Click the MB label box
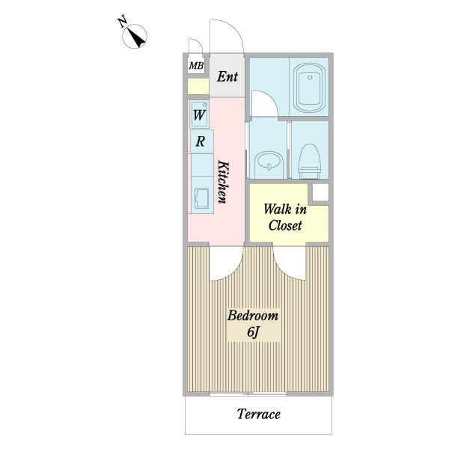point(196,66)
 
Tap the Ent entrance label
point(227,77)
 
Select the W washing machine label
point(199,115)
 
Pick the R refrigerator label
point(200,141)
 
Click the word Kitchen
point(224,182)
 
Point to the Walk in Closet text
point(285,217)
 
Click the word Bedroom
point(253,316)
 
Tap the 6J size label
point(253,332)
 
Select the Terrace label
point(259,415)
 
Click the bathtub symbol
point(310,88)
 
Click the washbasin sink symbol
point(269,162)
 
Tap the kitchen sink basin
point(201,198)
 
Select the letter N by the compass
point(123,22)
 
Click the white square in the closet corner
point(320,192)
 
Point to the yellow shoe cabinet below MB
point(198,86)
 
